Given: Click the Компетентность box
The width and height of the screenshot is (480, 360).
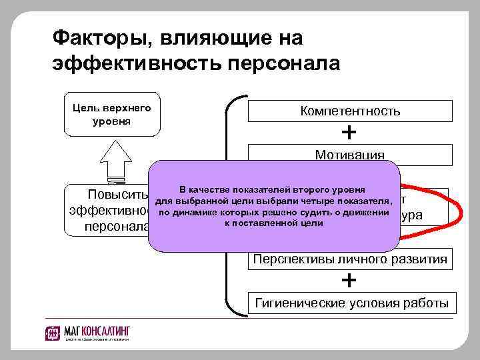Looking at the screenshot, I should pos(350,111).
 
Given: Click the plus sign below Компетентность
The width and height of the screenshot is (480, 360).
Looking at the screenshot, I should pos(348,133).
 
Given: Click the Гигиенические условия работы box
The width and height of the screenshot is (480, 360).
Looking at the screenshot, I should pos(352,303).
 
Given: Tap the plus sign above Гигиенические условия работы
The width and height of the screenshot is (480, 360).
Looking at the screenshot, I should pos(348,280).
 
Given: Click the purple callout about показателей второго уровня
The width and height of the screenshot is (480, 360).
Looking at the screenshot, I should pos(274,206).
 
